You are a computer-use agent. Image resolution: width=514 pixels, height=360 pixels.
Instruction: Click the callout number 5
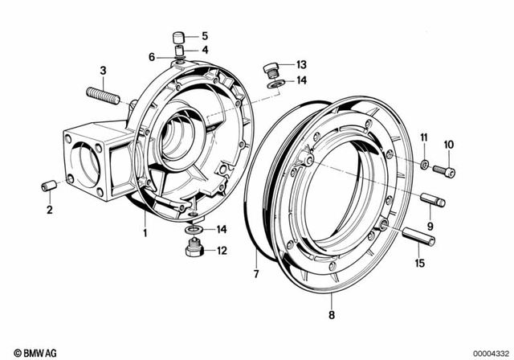tap(204, 36)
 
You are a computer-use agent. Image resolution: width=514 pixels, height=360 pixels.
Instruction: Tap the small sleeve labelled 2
tap(48, 186)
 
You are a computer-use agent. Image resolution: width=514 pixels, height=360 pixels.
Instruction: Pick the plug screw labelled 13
tap(271, 67)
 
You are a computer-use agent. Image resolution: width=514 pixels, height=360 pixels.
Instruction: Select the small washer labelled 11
tap(422, 166)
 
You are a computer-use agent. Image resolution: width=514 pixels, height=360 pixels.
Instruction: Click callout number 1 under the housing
tap(145, 233)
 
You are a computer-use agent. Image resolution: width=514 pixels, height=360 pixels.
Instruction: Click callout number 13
tap(301, 64)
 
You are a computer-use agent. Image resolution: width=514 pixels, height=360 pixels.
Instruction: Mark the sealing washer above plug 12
tap(194, 231)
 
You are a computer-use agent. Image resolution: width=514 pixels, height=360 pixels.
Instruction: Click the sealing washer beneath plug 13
tap(275, 80)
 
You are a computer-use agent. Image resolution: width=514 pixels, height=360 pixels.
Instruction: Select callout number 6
tap(150, 56)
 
